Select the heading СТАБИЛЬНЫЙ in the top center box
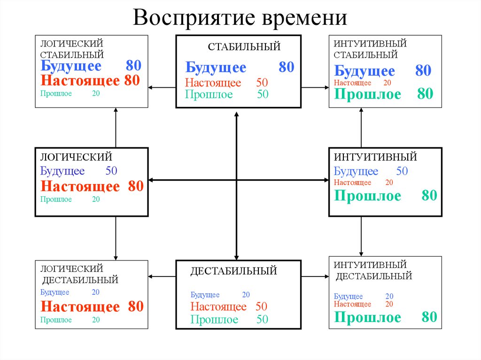(x=244, y=46)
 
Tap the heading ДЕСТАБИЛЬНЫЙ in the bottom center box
(x=233, y=271)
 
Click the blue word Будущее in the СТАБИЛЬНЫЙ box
(x=216, y=68)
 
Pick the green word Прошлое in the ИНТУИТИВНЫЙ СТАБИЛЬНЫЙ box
(x=368, y=94)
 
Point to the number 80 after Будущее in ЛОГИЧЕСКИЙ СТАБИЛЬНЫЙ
(x=133, y=66)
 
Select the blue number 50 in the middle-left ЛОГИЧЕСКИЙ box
(x=111, y=171)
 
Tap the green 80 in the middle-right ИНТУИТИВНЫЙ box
(x=429, y=196)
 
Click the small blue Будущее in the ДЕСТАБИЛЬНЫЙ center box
(x=205, y=295)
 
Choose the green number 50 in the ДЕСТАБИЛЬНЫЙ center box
(x=262, y=320)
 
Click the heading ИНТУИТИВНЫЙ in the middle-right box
(x=375, y=156)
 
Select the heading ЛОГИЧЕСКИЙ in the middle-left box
(x=76, y=156)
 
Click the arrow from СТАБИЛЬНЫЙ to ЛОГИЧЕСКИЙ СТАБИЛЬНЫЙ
(x=162, y=87)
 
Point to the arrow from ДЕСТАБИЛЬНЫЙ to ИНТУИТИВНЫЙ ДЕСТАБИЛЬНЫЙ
(x=315, y=276)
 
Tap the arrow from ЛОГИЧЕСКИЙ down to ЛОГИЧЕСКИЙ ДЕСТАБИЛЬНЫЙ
(x=116, y=237)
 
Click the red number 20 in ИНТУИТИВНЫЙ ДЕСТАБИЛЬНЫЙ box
(x=389, y=304)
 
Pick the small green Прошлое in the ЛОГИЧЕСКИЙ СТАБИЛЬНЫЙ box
(x=56, y=93)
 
